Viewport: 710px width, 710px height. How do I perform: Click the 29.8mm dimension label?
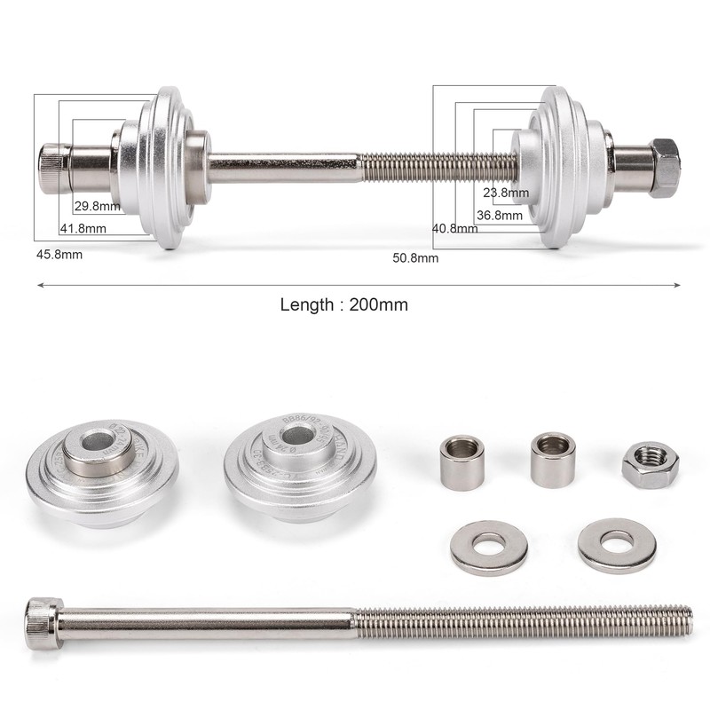tap(98, 206)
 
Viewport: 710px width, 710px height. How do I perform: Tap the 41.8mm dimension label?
tap(83, 228)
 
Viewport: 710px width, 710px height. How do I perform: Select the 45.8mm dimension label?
tap(59, 254)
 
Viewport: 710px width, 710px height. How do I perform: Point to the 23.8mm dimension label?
tap(506, 193)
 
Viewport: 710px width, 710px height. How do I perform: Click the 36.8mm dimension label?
tap(500, 215)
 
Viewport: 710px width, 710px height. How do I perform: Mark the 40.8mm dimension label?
tap(454, 228)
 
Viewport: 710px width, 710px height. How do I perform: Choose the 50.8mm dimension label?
tap(415, 258)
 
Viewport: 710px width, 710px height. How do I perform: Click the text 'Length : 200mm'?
tap(344, 304)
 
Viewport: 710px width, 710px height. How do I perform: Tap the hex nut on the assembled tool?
tap(664, 167)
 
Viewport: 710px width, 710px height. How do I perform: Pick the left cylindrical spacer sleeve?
tap(462, 461)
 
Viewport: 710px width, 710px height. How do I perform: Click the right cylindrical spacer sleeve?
tap(553, 460)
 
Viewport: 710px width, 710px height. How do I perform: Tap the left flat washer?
tap(489, 546)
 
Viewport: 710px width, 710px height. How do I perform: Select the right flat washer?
tap(617, 544)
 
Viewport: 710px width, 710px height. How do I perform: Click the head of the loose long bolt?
tap(43, 622)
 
